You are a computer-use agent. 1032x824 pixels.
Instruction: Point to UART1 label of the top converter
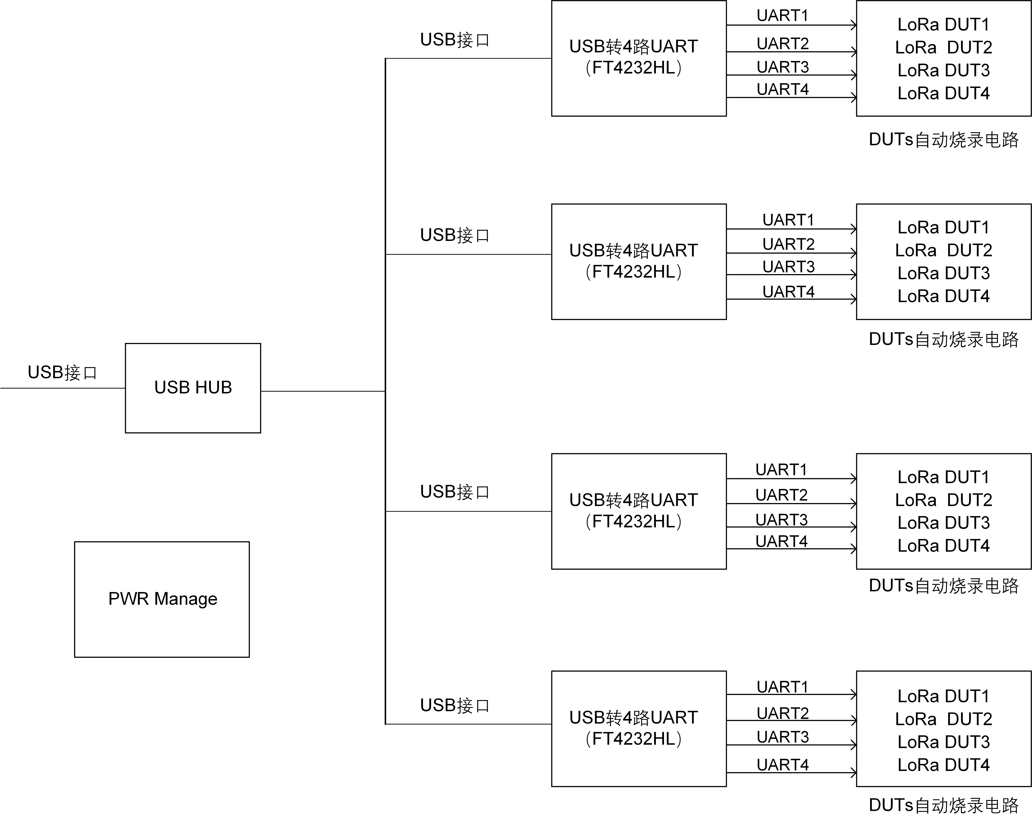[783, 15]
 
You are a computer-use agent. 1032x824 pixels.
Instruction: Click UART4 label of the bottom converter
[783, 765]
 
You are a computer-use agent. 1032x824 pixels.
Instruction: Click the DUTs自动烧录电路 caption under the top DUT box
[943, 140]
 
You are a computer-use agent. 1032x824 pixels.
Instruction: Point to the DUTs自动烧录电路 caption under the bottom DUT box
[943, 805]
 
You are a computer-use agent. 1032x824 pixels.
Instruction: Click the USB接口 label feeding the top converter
[455, 40]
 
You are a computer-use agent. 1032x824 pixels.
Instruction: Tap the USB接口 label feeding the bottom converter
[455, 705]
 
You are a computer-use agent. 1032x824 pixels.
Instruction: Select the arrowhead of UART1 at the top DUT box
[854, 25]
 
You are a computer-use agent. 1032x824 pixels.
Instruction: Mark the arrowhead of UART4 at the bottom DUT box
[854, 772]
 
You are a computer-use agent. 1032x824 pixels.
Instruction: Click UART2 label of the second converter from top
[788, 244]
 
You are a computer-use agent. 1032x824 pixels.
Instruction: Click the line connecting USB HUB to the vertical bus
[323, 391]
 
